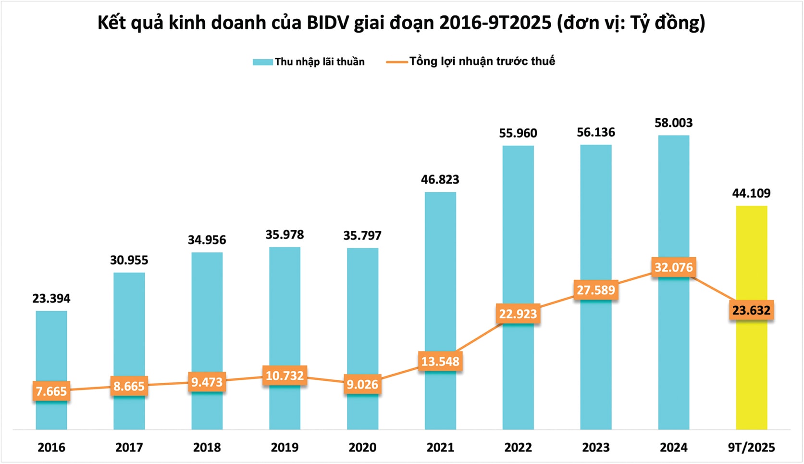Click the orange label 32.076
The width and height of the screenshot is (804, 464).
point(673,267)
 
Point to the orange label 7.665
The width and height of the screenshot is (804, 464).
point(51,391)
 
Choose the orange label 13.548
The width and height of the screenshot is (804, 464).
point(440,361)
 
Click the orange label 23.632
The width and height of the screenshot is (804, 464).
point(751,310)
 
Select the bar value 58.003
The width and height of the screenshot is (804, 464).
point(673,123)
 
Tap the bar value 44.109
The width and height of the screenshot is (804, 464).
point(751,193)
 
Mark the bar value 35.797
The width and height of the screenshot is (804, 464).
point(362,236)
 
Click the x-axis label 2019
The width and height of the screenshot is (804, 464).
point(284,447)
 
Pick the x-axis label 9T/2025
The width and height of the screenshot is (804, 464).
point(751,447)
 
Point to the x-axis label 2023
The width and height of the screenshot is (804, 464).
point(595,447)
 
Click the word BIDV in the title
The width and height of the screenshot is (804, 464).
point(327,23)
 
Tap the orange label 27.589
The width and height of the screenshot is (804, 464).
point(595,290)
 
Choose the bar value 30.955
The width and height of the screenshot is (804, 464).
point(129,260)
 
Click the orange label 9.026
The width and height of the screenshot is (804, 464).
point(362,385)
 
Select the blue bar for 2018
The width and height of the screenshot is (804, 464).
point(207,313)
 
